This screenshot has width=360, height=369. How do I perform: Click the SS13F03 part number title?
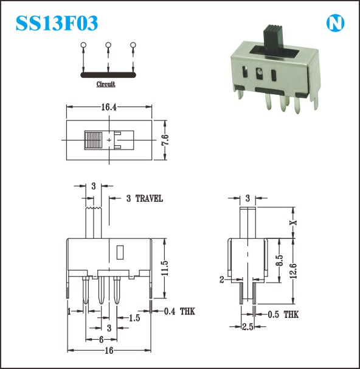57,23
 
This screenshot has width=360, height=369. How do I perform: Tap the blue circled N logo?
335,23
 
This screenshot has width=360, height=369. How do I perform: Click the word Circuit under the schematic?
106,84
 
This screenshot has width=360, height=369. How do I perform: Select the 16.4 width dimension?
109,107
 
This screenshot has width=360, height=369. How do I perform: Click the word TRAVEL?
149,199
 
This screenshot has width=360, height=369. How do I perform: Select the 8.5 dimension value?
279,260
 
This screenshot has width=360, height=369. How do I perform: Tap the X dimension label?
293,222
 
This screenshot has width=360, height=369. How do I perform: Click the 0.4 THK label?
179,311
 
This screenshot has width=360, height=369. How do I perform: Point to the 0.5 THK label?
283,314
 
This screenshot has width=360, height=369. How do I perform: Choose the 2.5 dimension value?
247,326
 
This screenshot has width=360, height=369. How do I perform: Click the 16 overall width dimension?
109,350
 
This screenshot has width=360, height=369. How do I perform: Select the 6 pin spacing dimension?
101,339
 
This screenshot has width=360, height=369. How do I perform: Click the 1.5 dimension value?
134,318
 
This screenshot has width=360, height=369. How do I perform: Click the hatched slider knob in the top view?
93,140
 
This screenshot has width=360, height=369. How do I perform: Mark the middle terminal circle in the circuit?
108,45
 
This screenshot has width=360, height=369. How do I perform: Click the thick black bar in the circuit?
108,75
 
